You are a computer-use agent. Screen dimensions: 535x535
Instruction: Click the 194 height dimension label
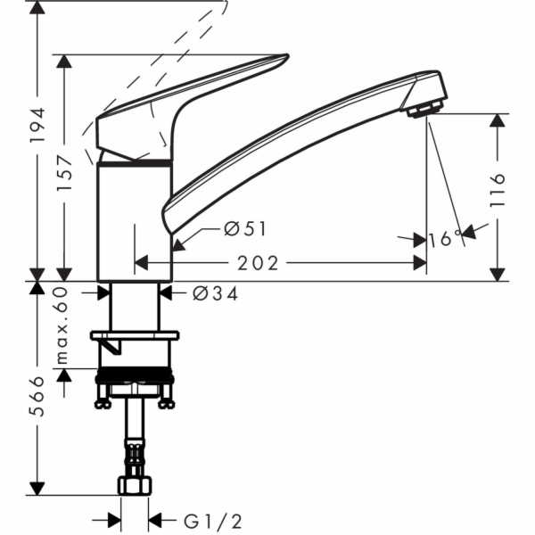37,128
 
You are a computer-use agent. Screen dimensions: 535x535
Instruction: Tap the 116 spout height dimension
498,190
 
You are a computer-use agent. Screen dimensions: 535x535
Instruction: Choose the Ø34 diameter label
215,292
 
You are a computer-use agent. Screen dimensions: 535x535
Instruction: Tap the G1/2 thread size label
210,520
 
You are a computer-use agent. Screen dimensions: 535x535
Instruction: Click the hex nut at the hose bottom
135,486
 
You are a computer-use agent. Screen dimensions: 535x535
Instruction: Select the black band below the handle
134,163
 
